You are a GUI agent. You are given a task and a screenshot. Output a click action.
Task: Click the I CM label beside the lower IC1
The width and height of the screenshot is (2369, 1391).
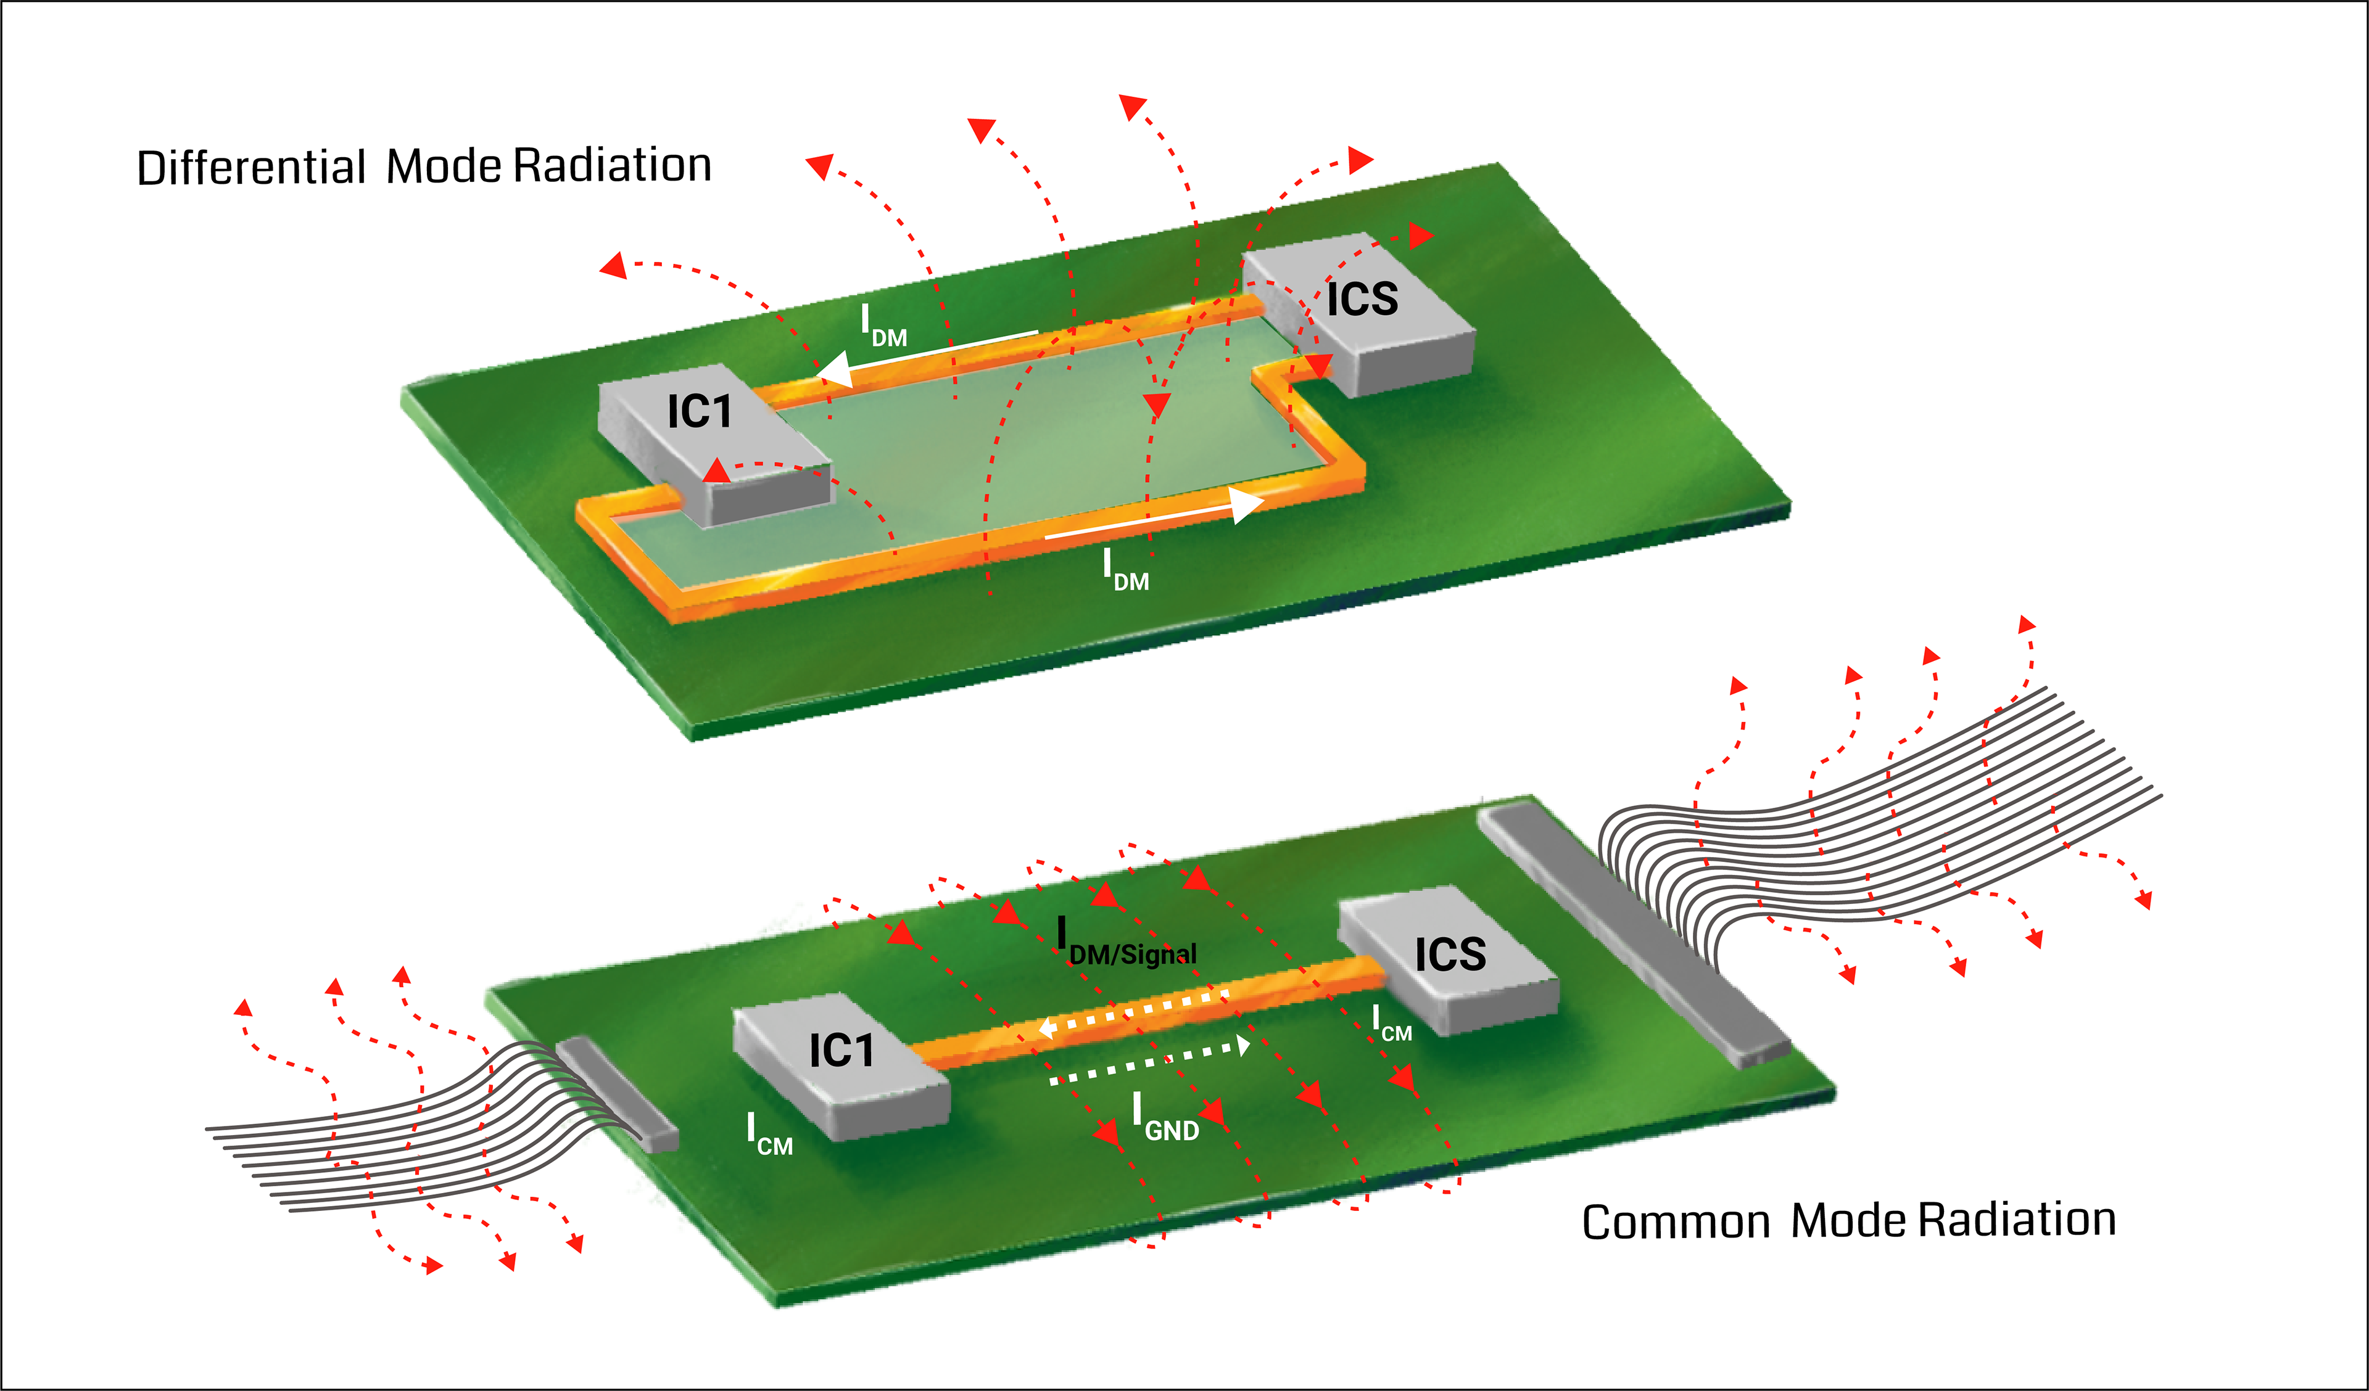click(769, 1135)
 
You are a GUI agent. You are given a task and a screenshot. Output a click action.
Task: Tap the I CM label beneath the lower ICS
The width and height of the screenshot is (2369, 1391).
click(1391, 1022)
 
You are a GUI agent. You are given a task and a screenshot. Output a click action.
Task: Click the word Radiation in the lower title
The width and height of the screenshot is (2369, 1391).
click(2017, 1220)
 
